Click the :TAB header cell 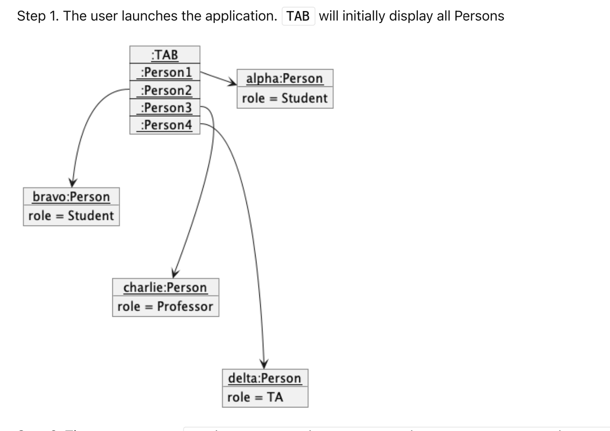click(165, 55)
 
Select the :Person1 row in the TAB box click(165, 72)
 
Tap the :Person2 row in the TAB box click(165, 90)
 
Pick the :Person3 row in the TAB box click(165, 108)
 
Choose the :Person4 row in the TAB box click(165, 125)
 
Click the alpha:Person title click(284, 79)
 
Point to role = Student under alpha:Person click(284, 98)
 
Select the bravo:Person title click(71, 197)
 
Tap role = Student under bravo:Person click(71, 216)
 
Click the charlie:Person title click(165, 287)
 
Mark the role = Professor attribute click(165, 307)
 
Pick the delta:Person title click(265, 378)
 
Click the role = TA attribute click(256, 397)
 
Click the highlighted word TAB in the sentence click(298, 16)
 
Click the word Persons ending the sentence click(479, 16)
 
